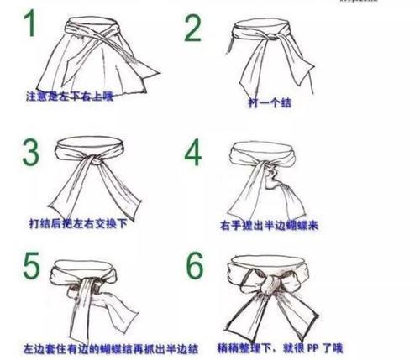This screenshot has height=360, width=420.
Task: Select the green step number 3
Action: coord(31,154)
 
